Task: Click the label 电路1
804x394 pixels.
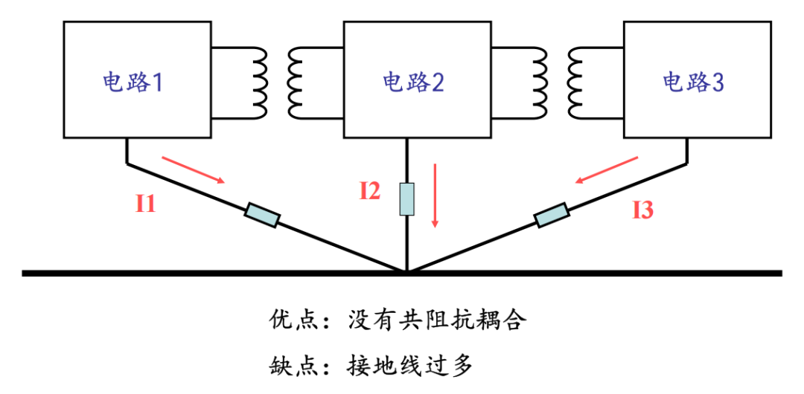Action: pos(133,82)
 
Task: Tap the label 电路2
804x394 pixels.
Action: pos(413,82)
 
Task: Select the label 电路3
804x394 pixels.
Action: pos(694,82)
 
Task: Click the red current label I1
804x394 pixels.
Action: pos(145,204)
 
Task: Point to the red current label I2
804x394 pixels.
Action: pos(370,191)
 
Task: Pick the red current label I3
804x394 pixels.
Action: pos(643,210)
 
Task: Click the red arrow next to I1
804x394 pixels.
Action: pos(194,169)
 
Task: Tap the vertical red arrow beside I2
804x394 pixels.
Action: pos(435,196)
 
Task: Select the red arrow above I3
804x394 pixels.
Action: pos(607,169)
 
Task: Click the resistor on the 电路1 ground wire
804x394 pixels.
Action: pos(261,215)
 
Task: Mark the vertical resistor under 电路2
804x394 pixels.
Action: pos(406,198)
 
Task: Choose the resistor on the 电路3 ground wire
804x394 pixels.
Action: pos(552,215)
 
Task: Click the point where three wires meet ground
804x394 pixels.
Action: pos(406,271)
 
